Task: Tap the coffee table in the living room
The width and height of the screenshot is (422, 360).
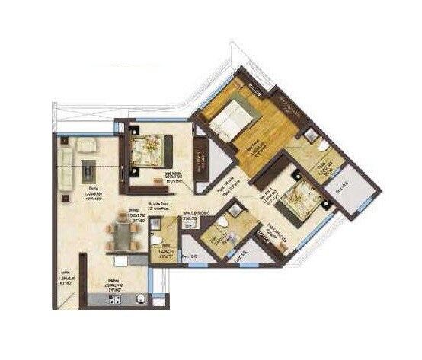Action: (89, 167)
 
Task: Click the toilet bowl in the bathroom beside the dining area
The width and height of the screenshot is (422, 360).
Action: (156, 241)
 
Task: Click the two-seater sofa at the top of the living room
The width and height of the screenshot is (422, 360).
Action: (85, 144)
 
